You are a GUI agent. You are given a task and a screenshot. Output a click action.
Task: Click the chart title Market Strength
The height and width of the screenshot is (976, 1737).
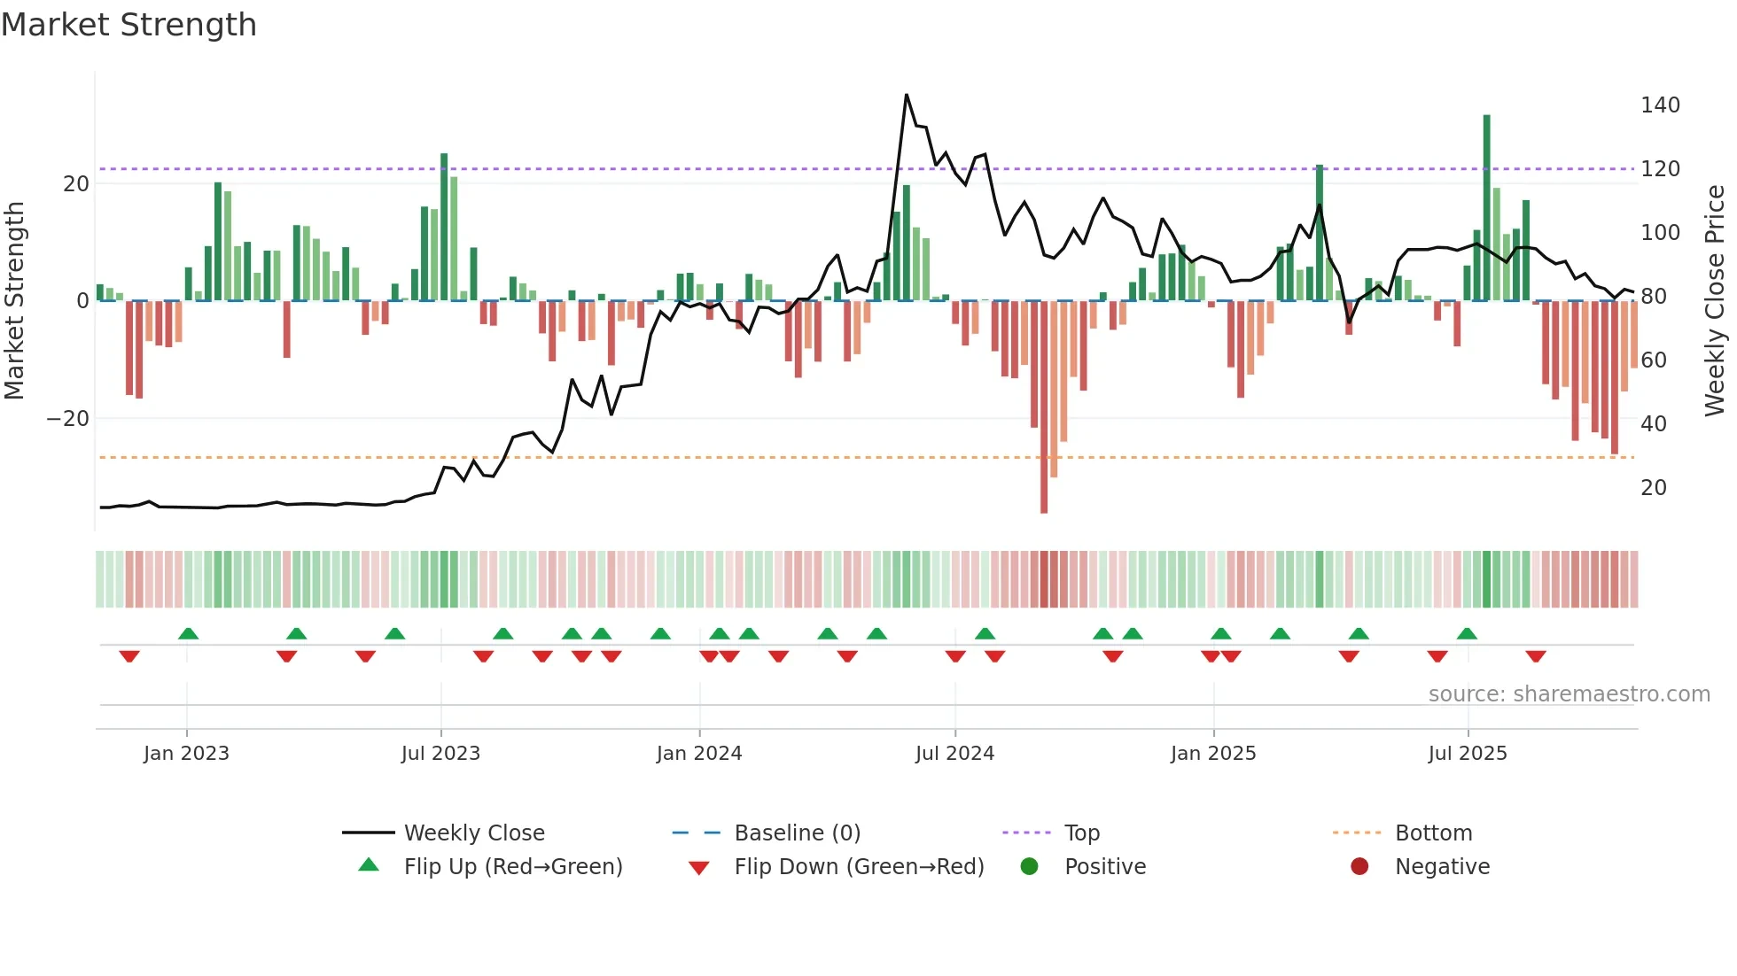pos(129,25)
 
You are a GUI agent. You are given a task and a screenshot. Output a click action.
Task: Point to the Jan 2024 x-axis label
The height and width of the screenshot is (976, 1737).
pos(698,754)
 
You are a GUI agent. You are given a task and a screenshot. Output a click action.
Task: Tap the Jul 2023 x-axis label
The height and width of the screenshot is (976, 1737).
pos(440,754)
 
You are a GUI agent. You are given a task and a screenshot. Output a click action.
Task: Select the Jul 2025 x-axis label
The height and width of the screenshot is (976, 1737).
pos(1467,754)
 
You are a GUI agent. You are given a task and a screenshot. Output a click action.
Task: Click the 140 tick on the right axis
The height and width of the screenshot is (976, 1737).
pos(1659,105)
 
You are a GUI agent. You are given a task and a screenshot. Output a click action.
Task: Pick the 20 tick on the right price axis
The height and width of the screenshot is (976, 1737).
pos(1653,488)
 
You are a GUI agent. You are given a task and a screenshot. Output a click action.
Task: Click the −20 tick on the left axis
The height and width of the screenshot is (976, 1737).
pos(68,419)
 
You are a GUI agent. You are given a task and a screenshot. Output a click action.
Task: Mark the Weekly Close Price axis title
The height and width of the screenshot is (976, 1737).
pos(1715,301)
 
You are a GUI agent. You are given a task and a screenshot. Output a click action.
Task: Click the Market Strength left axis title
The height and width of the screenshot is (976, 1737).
pos(14,301)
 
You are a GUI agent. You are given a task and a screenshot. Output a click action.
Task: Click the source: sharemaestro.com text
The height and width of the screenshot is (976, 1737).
pos(1569,694)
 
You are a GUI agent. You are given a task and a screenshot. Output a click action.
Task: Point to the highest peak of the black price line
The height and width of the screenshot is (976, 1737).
pos(906,95)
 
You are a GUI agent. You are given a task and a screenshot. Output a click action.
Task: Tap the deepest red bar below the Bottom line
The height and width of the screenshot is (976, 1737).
pos(1044,407)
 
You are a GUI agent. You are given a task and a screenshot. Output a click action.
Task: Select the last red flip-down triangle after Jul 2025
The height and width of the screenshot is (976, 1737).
pos(1536,656)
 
